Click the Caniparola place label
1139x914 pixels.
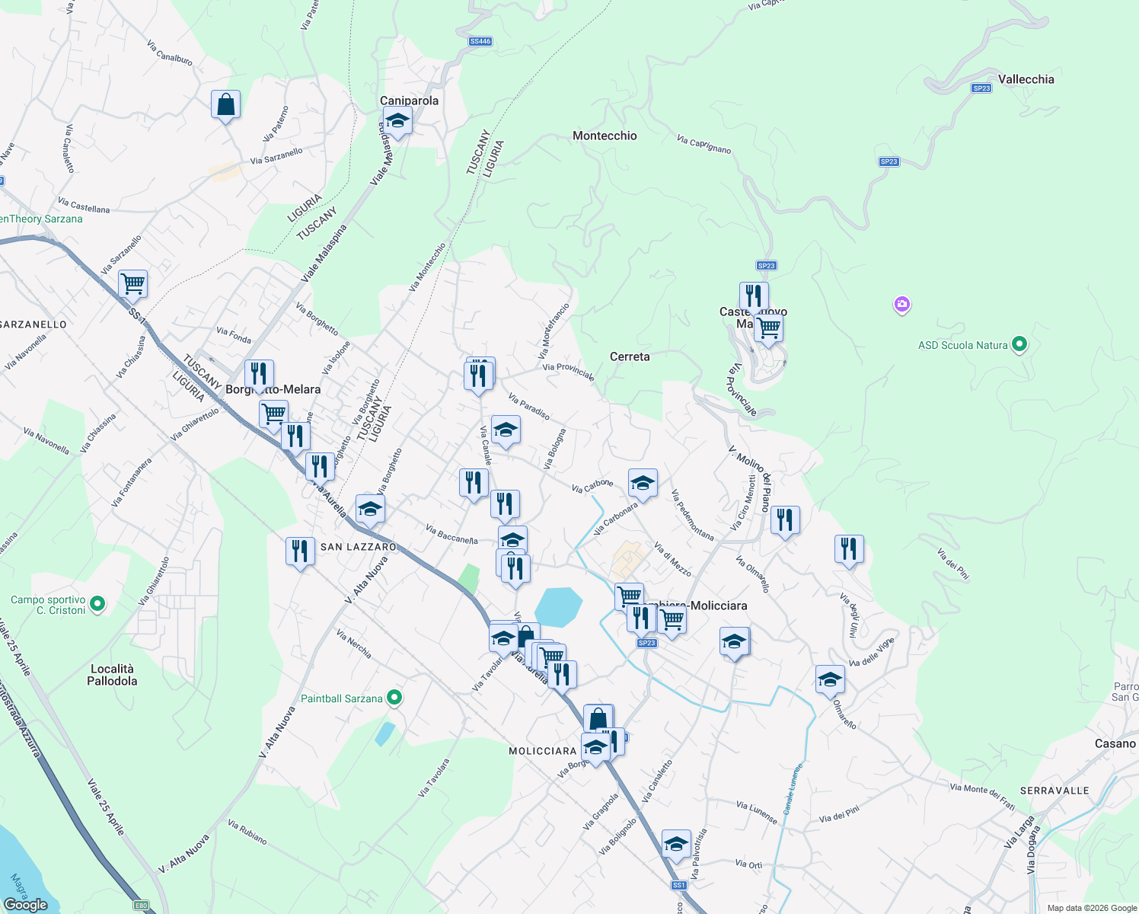pyautogui.click(x=409, y=101)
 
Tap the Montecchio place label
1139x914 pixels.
pyautogui.click(x=605, y=136)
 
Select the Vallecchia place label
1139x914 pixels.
pyautogui.click(x=1026, y=79)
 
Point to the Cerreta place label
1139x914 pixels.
pyautogui.click(x=630, y=356)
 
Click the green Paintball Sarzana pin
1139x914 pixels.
pyautogui.click(x=394, y=698)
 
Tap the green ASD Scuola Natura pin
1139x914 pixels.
pyautogui.click(x=1019, y=344)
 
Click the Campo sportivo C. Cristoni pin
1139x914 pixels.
pyautogui.click(x=97, y=604)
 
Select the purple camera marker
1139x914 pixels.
pyautogui.click(x=902, y=305)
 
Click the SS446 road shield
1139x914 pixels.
pyautogui.click(x=480, y=41)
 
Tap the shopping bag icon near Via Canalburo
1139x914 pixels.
pyautogui.click(x=226, y=104)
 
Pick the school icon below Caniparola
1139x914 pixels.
pyautogui.click(x=397, y=121)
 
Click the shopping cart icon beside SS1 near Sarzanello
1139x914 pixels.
pyautogui.click(x=133, y=284)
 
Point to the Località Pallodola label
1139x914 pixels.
pyautogui.click(x=112, y=675)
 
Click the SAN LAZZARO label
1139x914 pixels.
pyautogui.click(x=358, y=547)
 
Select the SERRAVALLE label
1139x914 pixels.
pyautogui.click(x=1054, y=791)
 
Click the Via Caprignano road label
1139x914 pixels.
pyautogui.click(x=703, y=145)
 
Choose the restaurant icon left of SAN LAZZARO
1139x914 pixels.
pyautogui.click(x=300, y=551)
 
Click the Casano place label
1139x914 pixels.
pyautogui.click(x=1115, y=743)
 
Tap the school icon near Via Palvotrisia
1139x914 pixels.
pyautogui.click(x=676, y=844)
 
